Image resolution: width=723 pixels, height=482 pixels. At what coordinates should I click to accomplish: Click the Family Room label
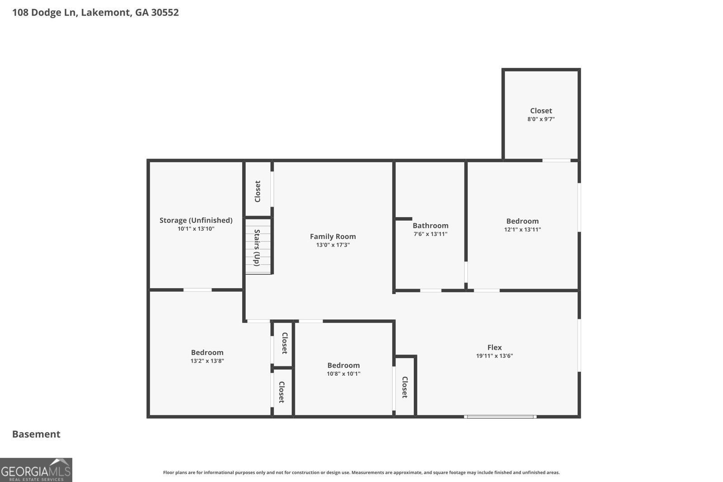333,236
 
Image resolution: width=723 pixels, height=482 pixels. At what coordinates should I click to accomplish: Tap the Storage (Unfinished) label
196,220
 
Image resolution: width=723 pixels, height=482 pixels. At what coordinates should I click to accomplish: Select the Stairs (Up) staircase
258,247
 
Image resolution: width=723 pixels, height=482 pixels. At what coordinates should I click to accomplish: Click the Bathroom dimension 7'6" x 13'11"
430,234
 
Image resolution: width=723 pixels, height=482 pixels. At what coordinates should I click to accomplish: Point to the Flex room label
494,347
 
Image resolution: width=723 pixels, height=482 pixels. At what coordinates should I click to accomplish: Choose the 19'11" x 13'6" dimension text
494,356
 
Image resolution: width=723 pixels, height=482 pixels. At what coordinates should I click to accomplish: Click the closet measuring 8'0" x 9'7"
541,115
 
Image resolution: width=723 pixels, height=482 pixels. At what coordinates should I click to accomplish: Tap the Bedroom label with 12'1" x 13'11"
522,221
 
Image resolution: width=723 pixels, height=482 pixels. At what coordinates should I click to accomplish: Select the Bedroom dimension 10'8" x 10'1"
343,374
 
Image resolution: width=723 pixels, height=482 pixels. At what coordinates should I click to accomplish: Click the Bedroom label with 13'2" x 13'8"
207,352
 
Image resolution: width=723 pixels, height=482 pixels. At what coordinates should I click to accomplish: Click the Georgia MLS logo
36,470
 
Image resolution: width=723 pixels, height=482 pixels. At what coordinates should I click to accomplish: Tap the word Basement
36,434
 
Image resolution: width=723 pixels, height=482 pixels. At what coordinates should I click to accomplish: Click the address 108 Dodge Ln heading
95,12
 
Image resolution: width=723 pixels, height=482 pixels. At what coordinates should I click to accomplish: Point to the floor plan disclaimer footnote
361,473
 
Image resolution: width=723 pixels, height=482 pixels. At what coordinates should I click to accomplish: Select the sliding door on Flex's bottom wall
500,416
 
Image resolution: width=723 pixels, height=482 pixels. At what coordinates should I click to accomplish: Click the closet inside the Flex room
404,387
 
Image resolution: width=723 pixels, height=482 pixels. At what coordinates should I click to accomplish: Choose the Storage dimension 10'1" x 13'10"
196,229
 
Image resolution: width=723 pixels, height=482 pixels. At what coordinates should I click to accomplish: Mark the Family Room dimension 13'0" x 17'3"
333,245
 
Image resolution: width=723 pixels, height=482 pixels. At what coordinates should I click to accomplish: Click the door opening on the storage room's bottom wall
197,290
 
